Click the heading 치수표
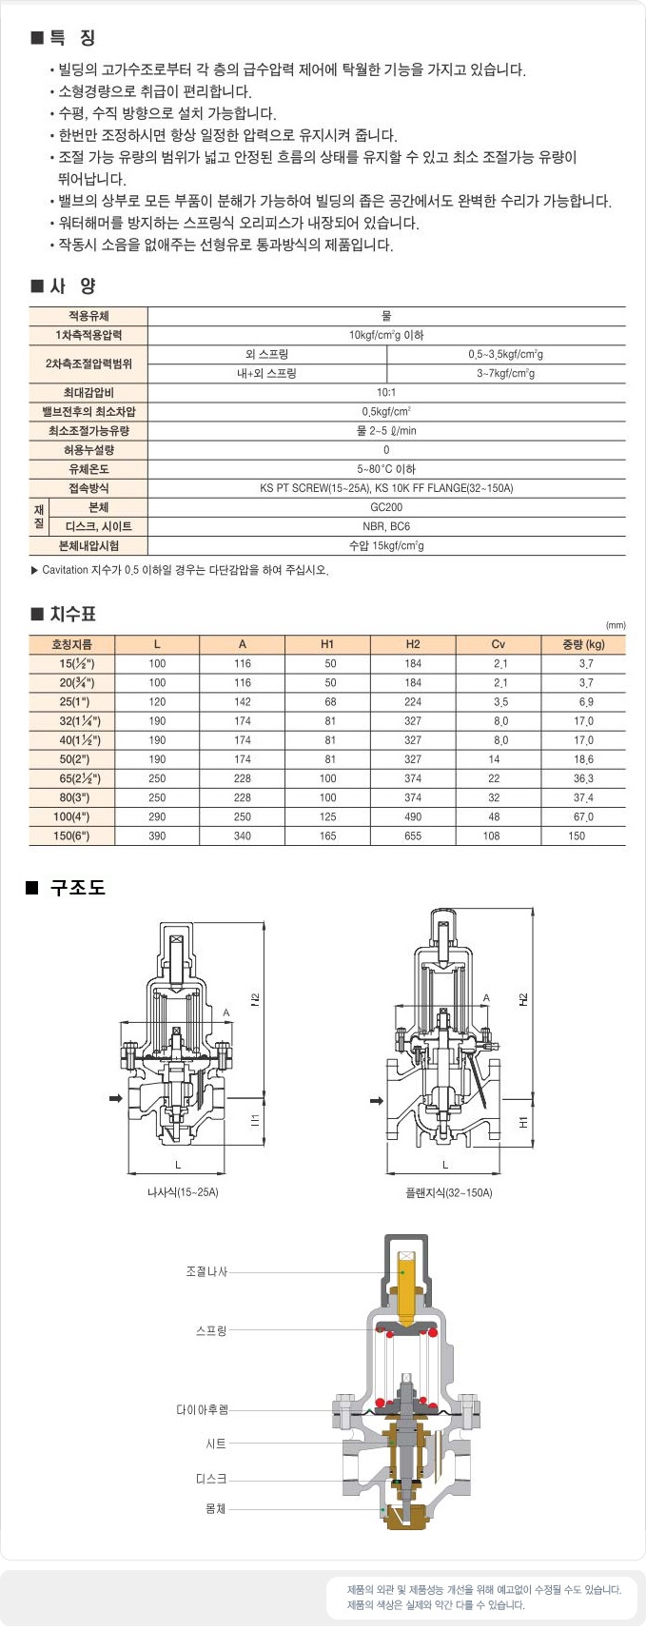click(x=72, y=614)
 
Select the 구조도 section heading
click(x=77, y=887)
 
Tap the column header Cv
click(x=498, y=644)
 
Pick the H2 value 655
click(x=413, y=835)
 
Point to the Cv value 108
click(x=491, y=835)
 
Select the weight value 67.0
click(x=583, y=816)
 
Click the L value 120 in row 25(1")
click(x=157, y=701)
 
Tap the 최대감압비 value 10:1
click(x=386, y=392)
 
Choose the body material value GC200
click(x=386, y=507)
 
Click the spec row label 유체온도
click(x=88, y=469)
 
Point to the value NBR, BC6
click(x=386, y=526)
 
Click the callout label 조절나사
click(x=206, y=1271)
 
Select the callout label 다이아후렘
click(x=202, y=1409)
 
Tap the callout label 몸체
click(x=215, y=1508)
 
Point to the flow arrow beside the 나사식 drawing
click(x=116, y=1099)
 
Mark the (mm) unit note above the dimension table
click(x=615, y=625)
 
